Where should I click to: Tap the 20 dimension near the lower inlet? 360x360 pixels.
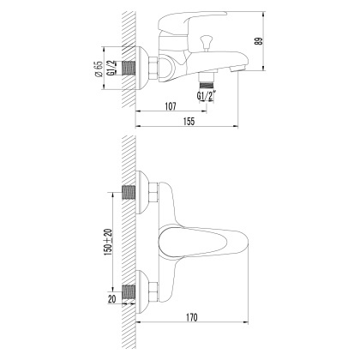[x=111, y=299]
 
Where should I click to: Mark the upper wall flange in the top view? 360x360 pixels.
[x=147, y=195]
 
